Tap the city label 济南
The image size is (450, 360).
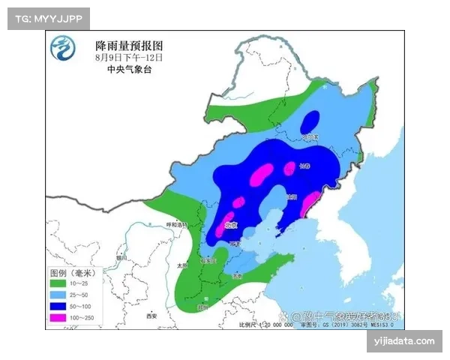pyautogui.click(x=237, y=276)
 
